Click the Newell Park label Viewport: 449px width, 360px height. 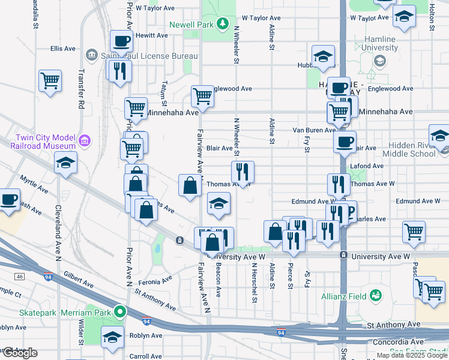tap(191, 25)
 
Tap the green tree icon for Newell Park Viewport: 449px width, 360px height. tap(223, 23)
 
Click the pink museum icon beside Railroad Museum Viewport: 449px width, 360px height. tap(85, 141)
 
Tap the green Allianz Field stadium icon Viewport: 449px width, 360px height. tap(376, 295)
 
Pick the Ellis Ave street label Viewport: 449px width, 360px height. tap(63, 48)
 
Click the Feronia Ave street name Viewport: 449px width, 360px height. tap(154, 281)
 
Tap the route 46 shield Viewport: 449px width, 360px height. tap(20, 277)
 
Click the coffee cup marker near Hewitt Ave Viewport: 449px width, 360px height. tap(122, 43)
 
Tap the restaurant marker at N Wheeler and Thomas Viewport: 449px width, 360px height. tap(243, 172)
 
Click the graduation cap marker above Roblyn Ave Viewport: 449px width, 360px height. tap(112, 337)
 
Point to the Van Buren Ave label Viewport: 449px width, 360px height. tap(313, 130)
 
